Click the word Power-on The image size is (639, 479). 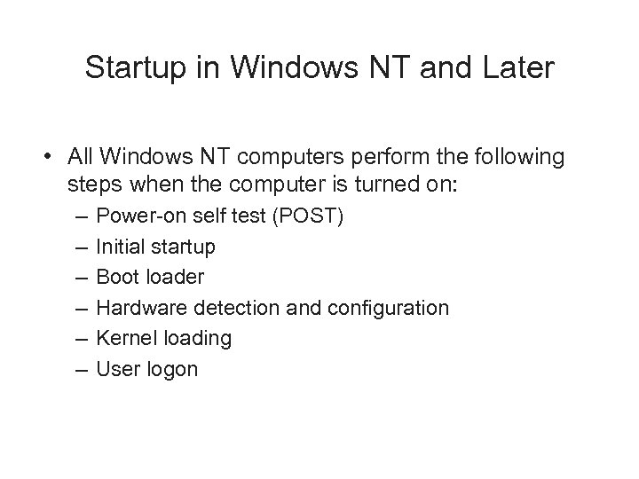click(134, 216)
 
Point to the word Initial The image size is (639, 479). click(121, 246)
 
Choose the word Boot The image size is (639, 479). click(116, 277)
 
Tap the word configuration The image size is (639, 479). click(388, 308)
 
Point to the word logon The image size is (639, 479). click(170, 369)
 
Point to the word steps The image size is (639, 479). click(92, 186)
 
